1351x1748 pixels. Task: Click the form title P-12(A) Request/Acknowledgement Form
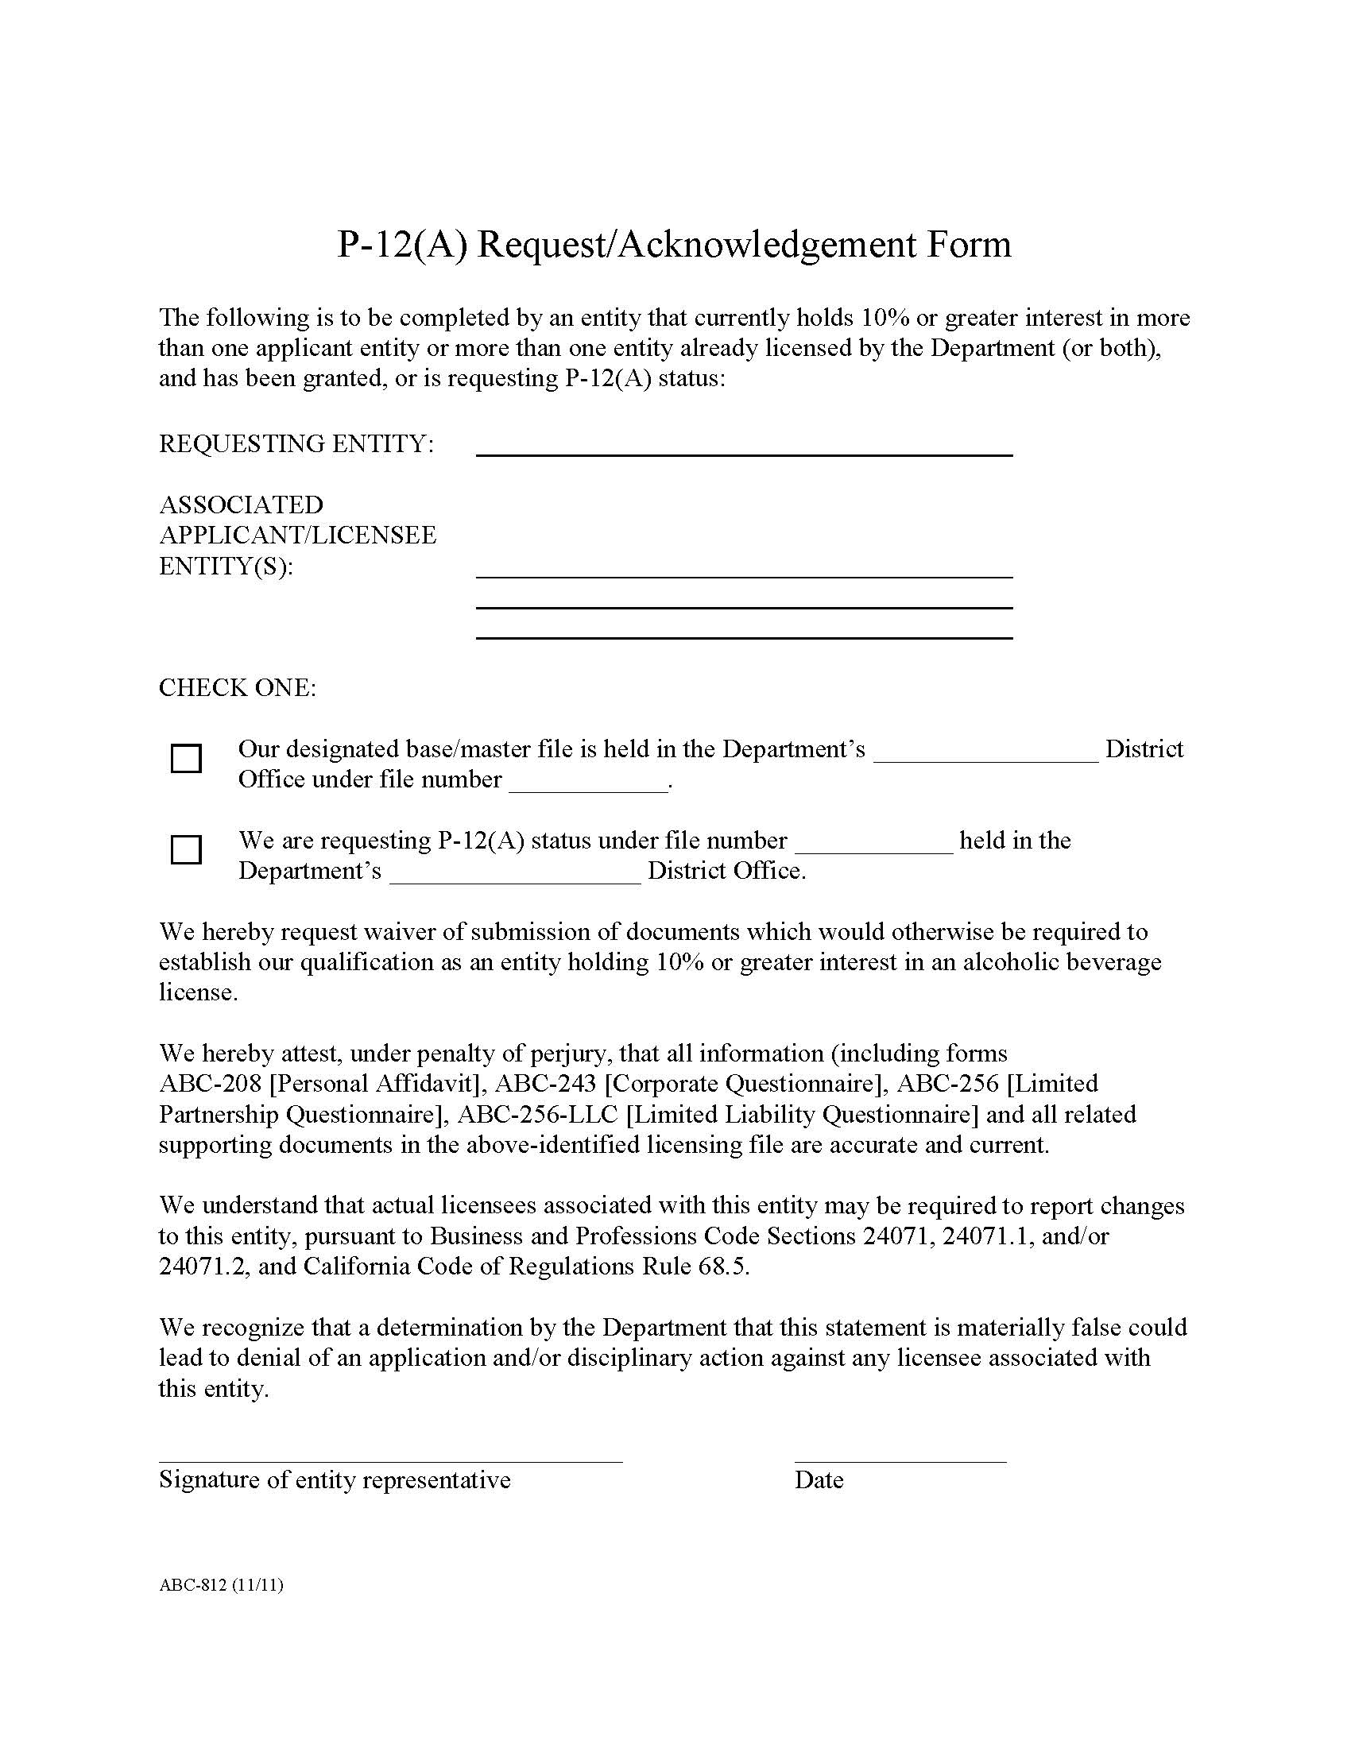pos(674,245)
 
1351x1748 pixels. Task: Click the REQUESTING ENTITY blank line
pos(744,448)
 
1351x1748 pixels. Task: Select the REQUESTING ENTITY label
pos(296,443)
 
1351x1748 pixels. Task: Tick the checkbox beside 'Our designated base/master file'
pos(186,758)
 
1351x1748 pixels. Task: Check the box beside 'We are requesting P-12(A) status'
pos(186,849)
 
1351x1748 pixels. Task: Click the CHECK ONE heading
pos(238,687)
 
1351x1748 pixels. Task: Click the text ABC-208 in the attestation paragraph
pos(211,1084)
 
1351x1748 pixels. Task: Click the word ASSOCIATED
pos(241,505)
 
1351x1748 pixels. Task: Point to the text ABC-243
pos(546,1084)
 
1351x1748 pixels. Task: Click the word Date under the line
pos(819,1480)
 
